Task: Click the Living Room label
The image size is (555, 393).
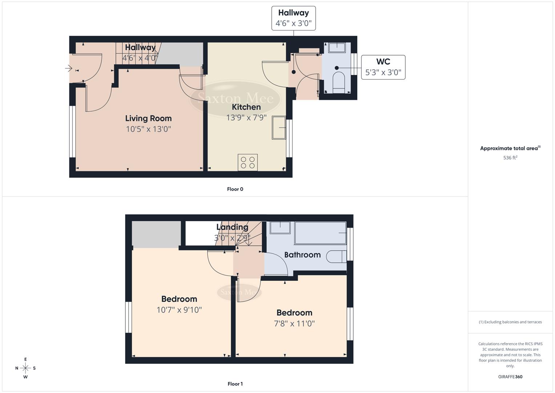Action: click(x=148, y=118)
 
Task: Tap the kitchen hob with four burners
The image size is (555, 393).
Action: click(x=248, y=162)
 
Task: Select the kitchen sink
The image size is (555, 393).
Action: click(x=279, y=127)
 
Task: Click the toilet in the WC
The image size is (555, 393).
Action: click(x=338, y=82)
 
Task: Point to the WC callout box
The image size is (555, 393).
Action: click(x=383, y=67)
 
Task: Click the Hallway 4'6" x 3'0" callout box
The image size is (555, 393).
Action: click(x=293, y=18)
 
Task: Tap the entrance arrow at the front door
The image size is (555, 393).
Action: click(x=68, y=68)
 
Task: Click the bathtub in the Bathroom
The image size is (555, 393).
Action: click(x=320, y=233)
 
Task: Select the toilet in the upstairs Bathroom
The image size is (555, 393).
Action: click(x=336, y=257)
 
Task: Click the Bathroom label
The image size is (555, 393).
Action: click(x=302, y=255)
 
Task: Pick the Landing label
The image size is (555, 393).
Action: click(x=232, y=227)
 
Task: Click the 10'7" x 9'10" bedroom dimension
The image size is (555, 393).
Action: click(x=179, y=310)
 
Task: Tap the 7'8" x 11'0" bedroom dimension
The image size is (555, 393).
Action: click(x=294, y=323)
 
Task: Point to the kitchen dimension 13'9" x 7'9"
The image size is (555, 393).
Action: click(x=246, y=118)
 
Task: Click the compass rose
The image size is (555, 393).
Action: click(x=25, y=368)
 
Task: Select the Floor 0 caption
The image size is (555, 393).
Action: click(x=235, y=189)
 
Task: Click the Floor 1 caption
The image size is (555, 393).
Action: click(x=235, y=384)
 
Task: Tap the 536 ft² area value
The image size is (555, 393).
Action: click(x=510, y=158)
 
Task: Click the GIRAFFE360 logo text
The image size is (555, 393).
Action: click(x=510, y=377)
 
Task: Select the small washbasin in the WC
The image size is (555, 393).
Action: click(x=337, y=48)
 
